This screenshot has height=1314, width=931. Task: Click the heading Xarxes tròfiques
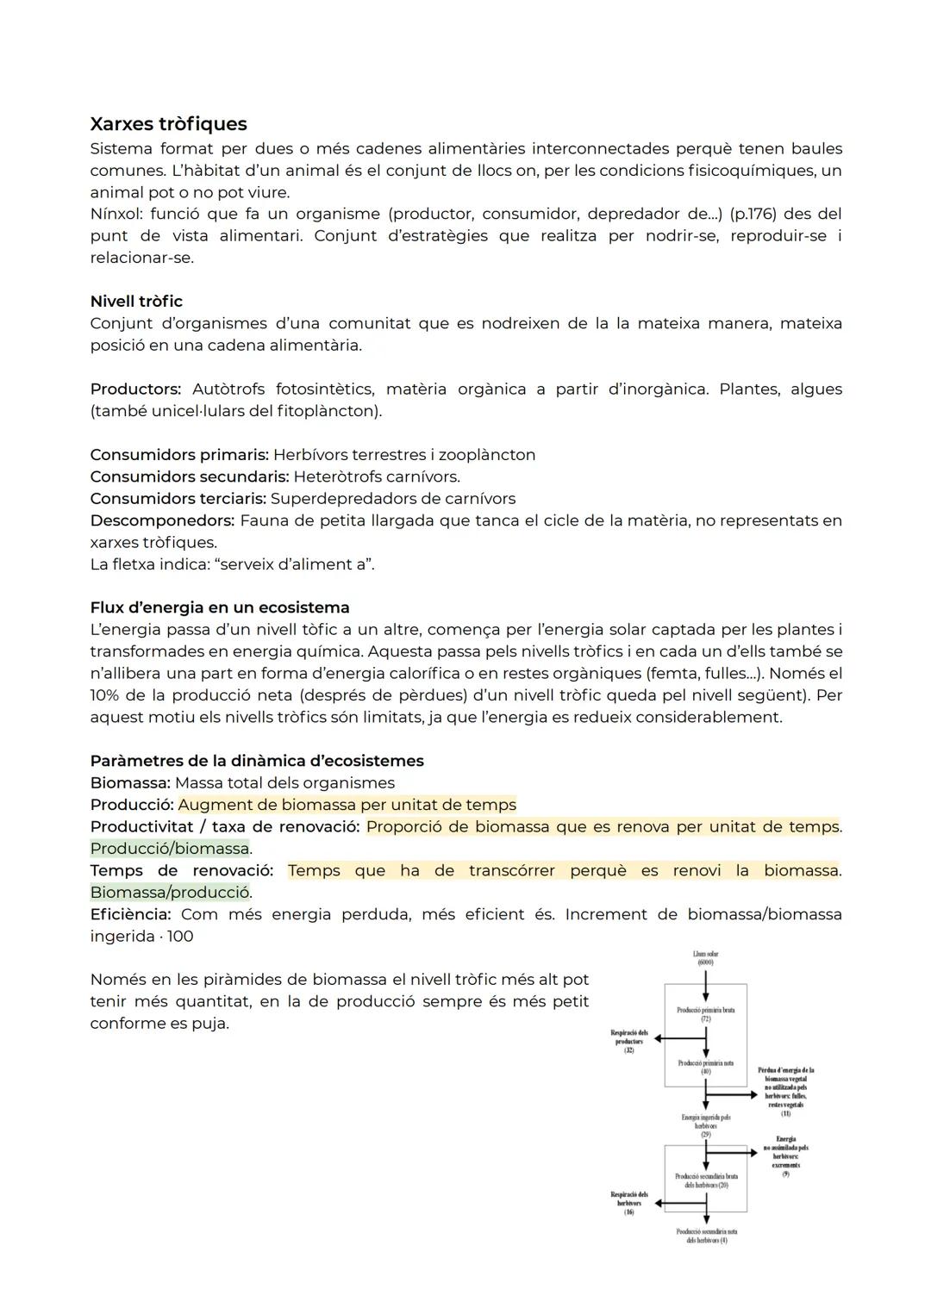pyautogui.click(x=168, y=124)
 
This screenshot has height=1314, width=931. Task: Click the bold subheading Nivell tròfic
pyautogui.click(x=136, y=302)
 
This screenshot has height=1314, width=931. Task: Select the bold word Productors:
pyautogui.click(x=135, y=389)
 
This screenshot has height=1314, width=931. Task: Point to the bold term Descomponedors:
pyautogui.click(x=162, y=520)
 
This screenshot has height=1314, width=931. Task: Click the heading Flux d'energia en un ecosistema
pyautogui.click(x=219, y=607)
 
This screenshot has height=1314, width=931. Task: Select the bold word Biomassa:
pyautogui.click(x=129, y=783)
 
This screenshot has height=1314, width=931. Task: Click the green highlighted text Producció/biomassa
pyautogui.click(x=170, y=849)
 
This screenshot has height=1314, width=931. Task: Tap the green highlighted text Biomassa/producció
pyautogui.click(x=170, y=893)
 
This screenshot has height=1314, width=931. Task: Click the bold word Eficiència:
pyautogui.click(x=130, y=914)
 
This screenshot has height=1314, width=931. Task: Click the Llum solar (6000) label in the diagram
pyautogui.click(x=705, y=958)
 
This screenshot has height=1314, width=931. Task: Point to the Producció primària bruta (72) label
pyautogui.click(x=705, y=1014)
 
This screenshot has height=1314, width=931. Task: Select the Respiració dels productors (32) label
pyautogui.click(x=629, y=1041)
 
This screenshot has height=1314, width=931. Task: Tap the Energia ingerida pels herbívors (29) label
pyautogui.click(x=705, y=1125)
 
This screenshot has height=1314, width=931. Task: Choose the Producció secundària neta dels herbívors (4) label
pyautogui.click(x=705, y=1236)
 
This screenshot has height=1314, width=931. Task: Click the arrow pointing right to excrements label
pyautogui.click(x=733, y=1151)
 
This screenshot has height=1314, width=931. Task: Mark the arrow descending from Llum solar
pyautogui.click(x=705, y=977)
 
